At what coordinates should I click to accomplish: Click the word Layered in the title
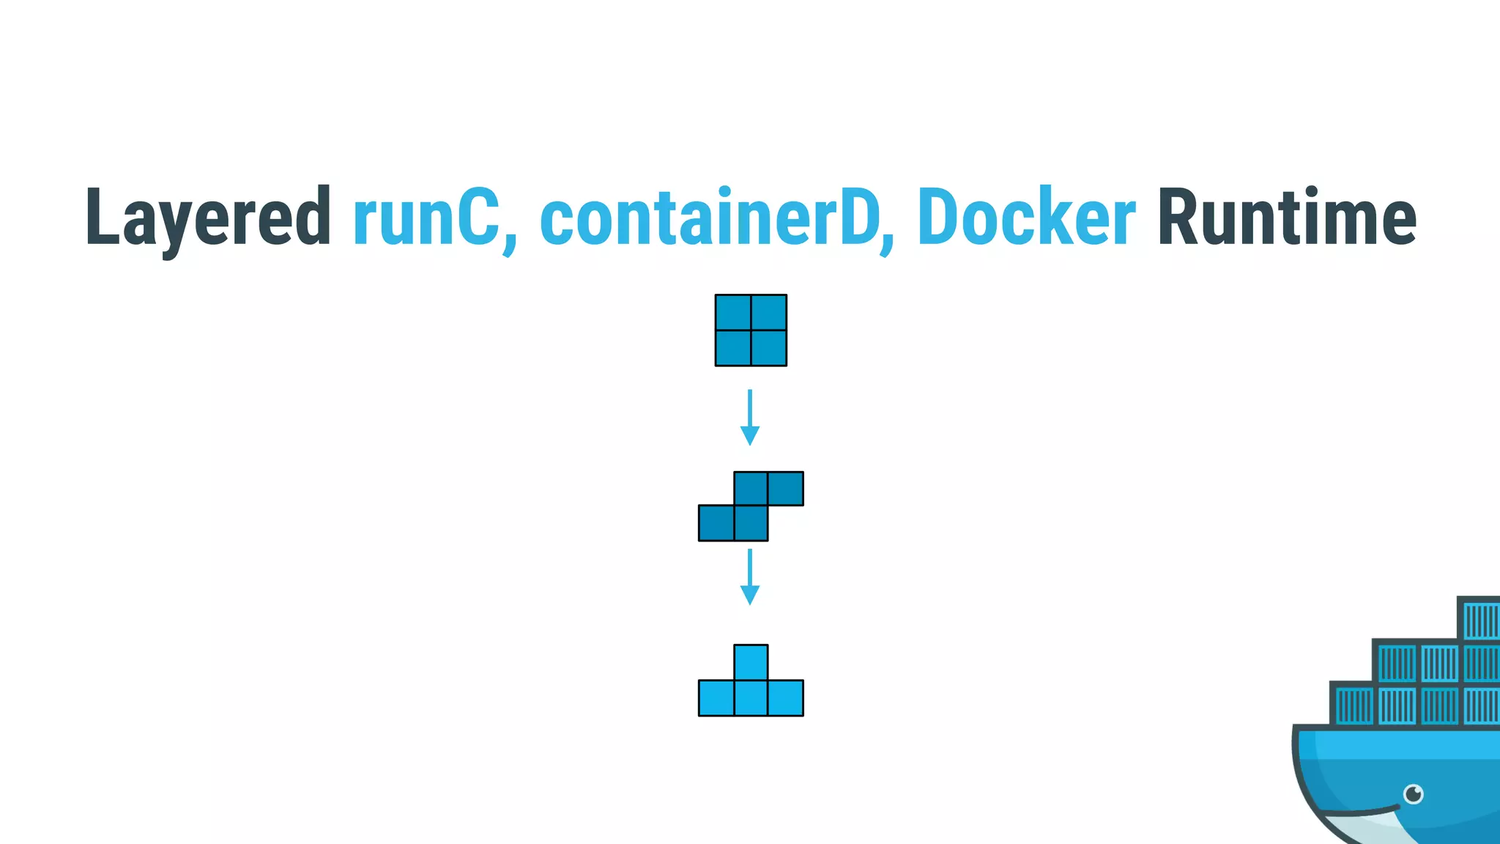(x=208, y=218)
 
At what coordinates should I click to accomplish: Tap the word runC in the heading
(x=426, y=218)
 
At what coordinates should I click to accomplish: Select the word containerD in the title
(x=709, y=218)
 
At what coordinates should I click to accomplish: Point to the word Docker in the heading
(x=1025, y=218)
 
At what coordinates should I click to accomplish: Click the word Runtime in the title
(x=1286, y=218)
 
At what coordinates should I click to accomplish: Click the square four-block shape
(x=751, y=330)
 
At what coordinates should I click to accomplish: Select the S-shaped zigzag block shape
(x=751, y=506)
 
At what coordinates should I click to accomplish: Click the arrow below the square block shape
(x=749, y=418)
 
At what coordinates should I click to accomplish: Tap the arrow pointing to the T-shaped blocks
(x=749, y=577)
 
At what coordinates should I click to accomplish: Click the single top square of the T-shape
(x=751, y=662)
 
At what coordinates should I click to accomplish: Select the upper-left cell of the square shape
(x=733, y=313)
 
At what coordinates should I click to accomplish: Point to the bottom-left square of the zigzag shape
(x=716, y=523)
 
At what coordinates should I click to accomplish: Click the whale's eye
(x=1413, y=793)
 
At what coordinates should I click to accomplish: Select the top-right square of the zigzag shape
(x=786, y=489)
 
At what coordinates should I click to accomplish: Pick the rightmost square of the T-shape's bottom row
(x=786, y=697)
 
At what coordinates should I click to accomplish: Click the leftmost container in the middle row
(x=1396, y=663)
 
